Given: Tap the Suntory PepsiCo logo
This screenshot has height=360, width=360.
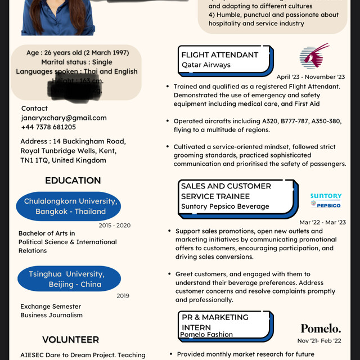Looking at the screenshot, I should pos(326,200).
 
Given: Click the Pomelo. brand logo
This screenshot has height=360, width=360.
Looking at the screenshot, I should pos(321,328).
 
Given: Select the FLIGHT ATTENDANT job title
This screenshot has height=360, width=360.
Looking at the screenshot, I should pos(219,55).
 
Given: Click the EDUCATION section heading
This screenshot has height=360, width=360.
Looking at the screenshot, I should pos(73,181).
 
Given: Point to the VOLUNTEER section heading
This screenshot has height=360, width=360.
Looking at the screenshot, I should pos(70,340).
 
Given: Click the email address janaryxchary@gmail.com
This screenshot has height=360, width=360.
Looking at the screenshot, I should pos(64,118).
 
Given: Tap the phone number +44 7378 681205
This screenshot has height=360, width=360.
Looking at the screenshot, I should pos(48,127).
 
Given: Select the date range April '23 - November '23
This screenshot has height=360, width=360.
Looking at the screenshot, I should pos(310,76).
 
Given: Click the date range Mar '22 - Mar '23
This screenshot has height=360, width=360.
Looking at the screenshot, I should pos(322,222).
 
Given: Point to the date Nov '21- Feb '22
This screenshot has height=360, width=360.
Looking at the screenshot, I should pos(319,340).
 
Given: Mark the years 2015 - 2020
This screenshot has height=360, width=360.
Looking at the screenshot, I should pos(114,226).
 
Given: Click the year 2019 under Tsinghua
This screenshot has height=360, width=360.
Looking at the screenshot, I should pos(123,295).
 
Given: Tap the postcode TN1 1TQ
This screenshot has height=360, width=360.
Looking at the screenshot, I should pos(35,160).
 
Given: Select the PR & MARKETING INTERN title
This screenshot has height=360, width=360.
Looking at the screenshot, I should pos(215,322).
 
